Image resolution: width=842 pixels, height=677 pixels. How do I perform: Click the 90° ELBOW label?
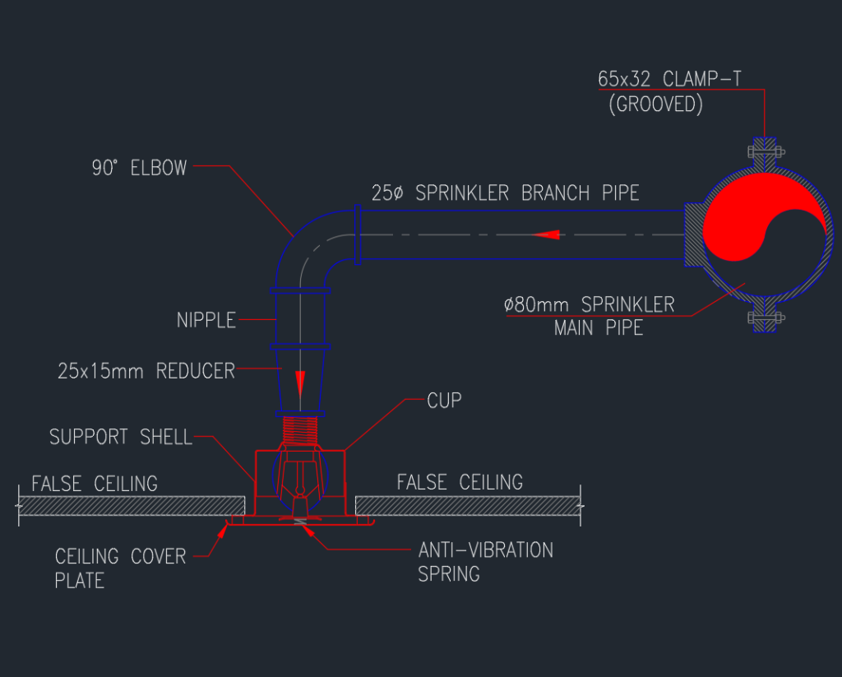click(139, 169)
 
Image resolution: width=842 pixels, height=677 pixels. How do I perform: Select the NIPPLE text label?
click(206, 320)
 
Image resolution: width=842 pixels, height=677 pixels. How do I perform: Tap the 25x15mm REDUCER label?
click(146, 371)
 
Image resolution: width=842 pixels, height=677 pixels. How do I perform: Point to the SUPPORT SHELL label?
click(120, 437)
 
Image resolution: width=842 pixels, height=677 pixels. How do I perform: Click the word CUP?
click(444, 401)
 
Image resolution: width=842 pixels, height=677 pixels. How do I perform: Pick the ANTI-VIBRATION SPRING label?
click(485, 561)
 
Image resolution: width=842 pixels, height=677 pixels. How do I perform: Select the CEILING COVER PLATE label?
click(120, 568)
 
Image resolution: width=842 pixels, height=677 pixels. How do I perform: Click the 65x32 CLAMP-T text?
click(669, 81)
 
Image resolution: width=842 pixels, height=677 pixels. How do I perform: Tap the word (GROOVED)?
click(655, 106)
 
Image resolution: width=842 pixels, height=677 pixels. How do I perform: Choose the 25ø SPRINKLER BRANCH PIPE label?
click(504, 193)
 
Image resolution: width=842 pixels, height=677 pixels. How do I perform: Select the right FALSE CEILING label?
click(460, 482)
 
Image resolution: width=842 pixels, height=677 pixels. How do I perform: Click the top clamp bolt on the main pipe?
click(764, 152)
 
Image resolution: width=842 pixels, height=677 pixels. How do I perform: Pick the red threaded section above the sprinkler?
click(300, 429)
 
